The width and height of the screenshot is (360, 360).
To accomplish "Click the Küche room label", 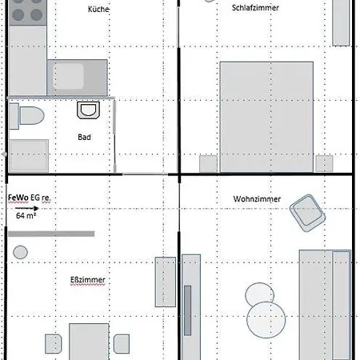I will tap(98, 10).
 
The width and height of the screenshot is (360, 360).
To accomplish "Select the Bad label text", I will tap(85, 137).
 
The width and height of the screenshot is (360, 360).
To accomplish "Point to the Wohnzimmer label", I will tap(256, 198).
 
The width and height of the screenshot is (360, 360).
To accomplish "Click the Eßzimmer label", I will tap(89, 280).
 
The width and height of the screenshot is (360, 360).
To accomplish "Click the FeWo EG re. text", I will tap(29, 197).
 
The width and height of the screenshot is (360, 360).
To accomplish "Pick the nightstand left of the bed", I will tap(208, 163).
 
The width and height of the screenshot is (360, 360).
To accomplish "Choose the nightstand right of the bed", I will tap(324, 163).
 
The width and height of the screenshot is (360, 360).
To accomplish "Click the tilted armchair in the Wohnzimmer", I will tap(308, 212).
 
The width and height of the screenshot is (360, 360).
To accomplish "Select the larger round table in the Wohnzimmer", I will tap(264, 321).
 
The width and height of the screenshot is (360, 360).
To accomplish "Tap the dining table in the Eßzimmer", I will tap(89, 342).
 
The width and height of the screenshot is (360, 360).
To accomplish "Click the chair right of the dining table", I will tap(122, 344).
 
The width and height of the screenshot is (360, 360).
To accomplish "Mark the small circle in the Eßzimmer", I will tap(21, 251).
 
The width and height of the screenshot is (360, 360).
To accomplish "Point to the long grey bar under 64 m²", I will tap(52, 234).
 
